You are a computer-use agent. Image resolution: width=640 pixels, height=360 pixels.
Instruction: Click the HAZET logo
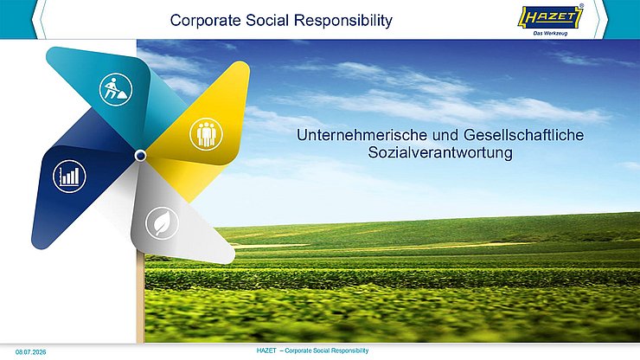click(551, 17)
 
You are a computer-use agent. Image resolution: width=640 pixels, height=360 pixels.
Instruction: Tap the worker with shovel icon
click(116, 89)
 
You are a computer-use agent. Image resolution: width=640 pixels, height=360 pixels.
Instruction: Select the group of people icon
click(206, 134)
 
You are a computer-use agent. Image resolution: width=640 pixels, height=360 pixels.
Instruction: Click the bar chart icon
click(69, 177)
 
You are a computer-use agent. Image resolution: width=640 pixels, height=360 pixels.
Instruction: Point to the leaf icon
click(162, 223)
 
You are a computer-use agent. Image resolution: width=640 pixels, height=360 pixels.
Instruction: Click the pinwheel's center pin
click(140, 155)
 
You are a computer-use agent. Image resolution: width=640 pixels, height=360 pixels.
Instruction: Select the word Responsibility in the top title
click(343, 21)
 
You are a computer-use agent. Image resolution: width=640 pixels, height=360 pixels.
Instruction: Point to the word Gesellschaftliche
click(523, 135)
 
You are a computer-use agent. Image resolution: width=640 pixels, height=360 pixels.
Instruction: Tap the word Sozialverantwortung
click(440, 153)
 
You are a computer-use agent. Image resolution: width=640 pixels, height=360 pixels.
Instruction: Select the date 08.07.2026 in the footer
click(30, 352)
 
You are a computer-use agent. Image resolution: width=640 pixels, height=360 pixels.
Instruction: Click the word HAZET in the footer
click(266, 350)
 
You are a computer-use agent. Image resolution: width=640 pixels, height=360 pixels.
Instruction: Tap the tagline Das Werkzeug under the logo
click(550, 34)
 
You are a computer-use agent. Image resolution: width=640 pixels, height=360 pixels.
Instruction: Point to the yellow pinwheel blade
click(198, 131)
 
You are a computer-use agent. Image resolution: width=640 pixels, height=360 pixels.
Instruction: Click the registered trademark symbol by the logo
click(582, 6)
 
